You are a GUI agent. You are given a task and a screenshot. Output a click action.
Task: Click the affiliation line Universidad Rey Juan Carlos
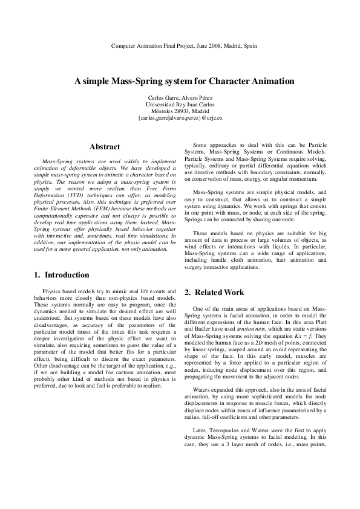click(x=180, y=104)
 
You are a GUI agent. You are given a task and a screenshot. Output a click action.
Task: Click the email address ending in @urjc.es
click(x=180, y=118)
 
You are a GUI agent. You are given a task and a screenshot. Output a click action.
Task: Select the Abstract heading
click(x=105, y=147)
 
